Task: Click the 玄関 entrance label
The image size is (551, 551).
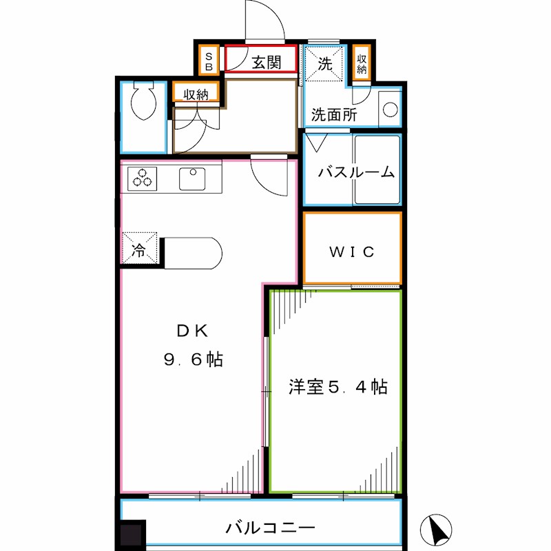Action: (265, 63)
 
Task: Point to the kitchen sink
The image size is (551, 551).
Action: (193, 178)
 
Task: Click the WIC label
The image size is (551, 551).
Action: (352, 252)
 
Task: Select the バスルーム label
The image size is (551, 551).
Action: (355, 173)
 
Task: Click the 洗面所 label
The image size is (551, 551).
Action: (333, 115)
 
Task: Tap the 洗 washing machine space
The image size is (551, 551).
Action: (324, 65)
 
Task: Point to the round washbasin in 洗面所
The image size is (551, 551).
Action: (390, 110)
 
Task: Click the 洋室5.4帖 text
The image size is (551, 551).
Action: (337, 387)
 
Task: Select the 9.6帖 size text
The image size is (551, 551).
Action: (193, 360)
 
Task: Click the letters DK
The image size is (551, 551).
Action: (192, 330)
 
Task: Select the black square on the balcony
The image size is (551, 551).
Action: (131, 534)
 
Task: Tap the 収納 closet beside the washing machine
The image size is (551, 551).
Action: (362, 65)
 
